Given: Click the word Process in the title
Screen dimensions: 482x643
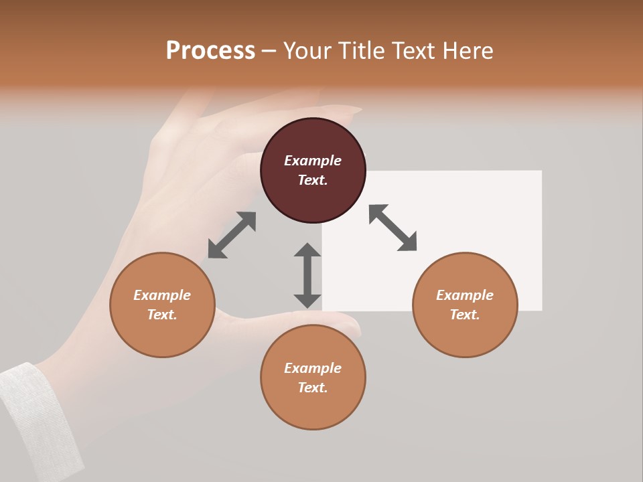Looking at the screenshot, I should click(x=210, y=51).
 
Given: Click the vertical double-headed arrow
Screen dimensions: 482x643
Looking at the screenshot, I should click(x=307, y=275).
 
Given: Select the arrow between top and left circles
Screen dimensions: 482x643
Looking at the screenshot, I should click(x=232, y=235).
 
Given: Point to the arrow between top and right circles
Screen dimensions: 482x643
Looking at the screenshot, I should click(x=392, y=228).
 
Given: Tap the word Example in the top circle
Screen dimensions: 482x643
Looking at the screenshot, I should click(x=313, y=161).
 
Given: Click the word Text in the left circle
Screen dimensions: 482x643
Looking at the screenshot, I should click(x=162, y=315).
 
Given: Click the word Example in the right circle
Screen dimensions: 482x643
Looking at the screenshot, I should click(x=465, y=295).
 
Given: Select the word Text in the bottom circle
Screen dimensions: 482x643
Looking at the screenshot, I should click(x=313, y=388).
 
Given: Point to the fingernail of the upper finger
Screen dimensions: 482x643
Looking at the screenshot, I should click(x=342, y=110).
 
